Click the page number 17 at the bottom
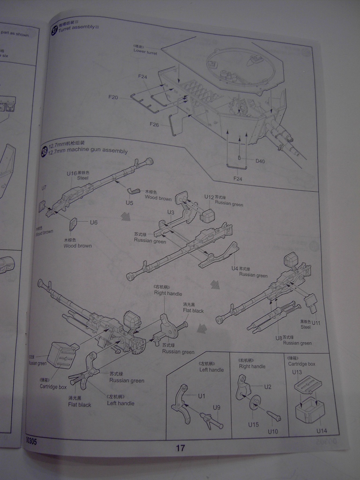coord(180,448)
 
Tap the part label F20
coord(113,97)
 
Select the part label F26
coord(154,124)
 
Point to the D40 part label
coord(260,161)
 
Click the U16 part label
coord(71,173)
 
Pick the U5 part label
coord(129,202)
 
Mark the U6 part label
coord(94,222)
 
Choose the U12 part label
coord(209,197)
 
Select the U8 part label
coord(279,337)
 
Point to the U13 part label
coord(297,372)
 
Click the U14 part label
coord(321,431)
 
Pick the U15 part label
coord(254,425)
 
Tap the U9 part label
coord(217,407)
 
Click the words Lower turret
coord(145,52)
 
